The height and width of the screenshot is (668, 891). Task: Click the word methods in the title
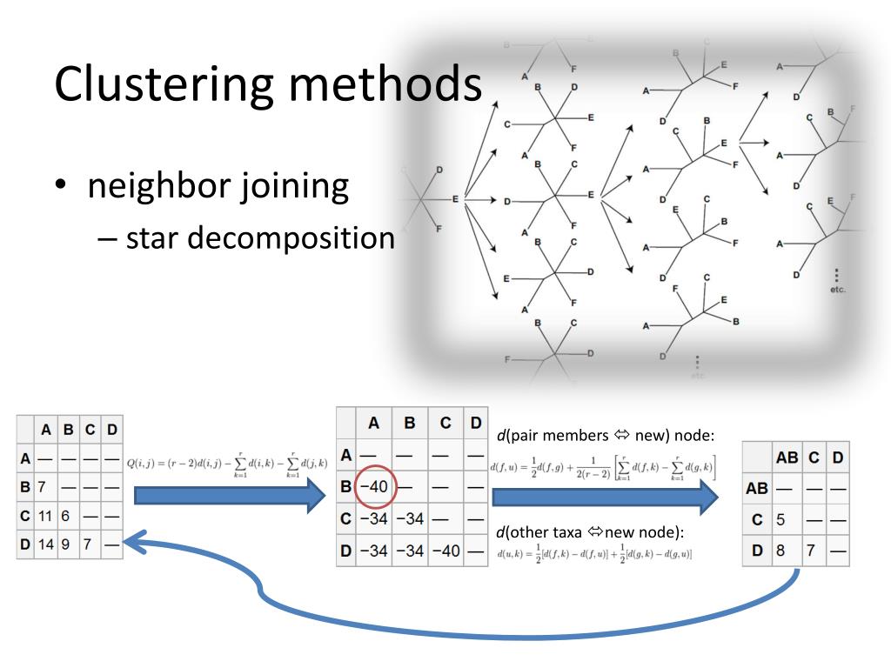pyautogui.click(x=389, y=83)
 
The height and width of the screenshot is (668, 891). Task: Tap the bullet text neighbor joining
pyautogui.click(x=218, y=186)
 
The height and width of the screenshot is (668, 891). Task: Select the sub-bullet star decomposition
pyautogui.click(x=260, y=237)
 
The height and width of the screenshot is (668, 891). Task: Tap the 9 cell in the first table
pyautogui.click(x=65, y=544)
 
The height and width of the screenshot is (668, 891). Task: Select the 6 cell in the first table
pyautogui.click(x=65, y=515)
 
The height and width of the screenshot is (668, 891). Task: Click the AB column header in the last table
pyautogui.click(x=787, y=457)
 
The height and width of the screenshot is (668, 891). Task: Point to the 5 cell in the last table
pyautogui.click(x=780, y=519)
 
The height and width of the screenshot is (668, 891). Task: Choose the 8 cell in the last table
pyautogui.click(x=780, y=550)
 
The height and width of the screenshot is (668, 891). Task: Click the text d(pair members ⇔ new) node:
pyautogui.click(x=606, y=435)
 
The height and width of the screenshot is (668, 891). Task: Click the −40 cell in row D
pyautogui.click(x=445, y=551)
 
